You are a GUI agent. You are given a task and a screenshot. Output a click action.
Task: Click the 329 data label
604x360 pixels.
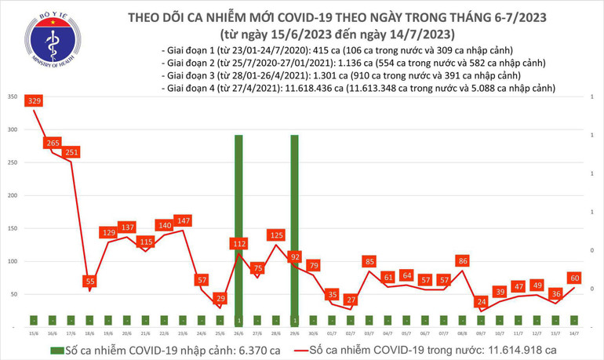pyautogui.click(x=35, y=101)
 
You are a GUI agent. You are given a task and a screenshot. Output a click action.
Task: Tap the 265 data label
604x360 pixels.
pyautogui.click(x=53, y=143)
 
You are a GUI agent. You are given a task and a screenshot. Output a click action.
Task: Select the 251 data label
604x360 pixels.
pyautogui.click(x=72, y=151)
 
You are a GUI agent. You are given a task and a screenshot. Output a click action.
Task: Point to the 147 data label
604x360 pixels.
pyautogui.click(x=183, y=221)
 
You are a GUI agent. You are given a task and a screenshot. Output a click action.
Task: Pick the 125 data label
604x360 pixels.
pyautogui.click(x=275, y=235)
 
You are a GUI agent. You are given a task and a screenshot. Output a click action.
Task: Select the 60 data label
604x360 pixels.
pyautogui.click(x=575, y=277)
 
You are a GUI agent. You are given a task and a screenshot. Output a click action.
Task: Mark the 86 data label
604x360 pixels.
pyautogui.click(x=462, y=260)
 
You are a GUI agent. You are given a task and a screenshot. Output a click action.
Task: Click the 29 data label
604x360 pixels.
pyautogui.click(x=220, y=298)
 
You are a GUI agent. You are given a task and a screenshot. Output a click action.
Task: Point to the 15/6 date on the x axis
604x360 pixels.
pyautogui.click(x=34, y=333)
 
